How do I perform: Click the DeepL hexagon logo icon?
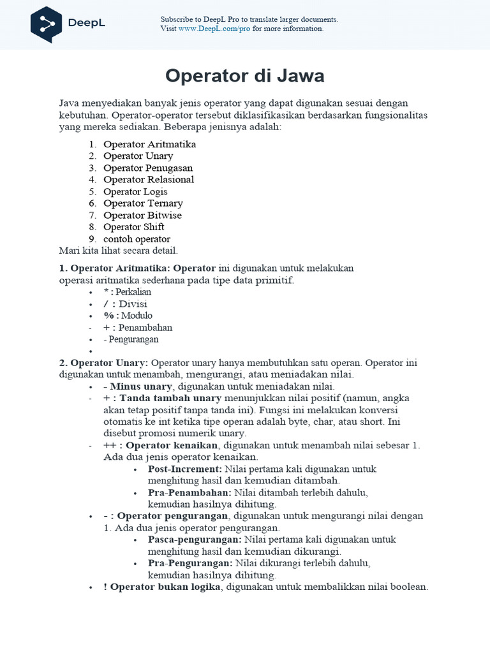pyautogui.click(x=46, y=24)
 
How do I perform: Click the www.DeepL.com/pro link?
pyautogui.click(x=214, y=29)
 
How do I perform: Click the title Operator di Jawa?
pyautogui.click(x=244, y=76)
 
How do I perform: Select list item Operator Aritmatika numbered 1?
pyautogui.click(x=149, y=144)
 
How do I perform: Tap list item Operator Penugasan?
pyautogui.click(x=147, y=168)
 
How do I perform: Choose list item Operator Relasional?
pyautogui.click(x=148, y=179)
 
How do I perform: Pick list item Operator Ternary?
pyautogui.click(x=143, y=203)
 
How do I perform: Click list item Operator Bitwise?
pyautogui.click(x=142, y=215)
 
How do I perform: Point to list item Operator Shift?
pyautogui.click(x=133, y=227)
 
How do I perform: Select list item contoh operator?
pyautogui.click(x=137, y=239)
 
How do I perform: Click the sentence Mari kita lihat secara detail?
pyautogui.click(x=118, y=251)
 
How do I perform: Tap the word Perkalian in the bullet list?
pyautogui.click(x=133, y=292)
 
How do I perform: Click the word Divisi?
pyautogui.click(x=133, y=304)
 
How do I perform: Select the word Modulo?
pyautogui.click(x=137, y=316)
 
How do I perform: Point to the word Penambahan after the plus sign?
pyautogui.click(x=145, y=328)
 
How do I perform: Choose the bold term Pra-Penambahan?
pyautogui.click(x=190, y=492)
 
